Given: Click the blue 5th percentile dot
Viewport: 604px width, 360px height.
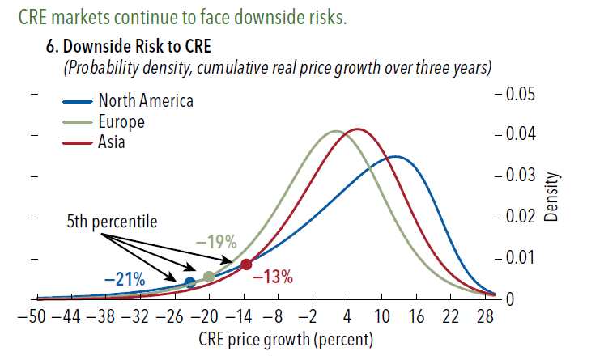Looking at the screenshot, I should pos(189,282).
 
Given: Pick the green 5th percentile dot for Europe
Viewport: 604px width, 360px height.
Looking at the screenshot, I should pos(209,277).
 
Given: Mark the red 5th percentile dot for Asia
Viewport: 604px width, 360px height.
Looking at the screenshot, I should pos(246,264).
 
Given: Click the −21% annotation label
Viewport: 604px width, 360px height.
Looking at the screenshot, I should pos(125,280).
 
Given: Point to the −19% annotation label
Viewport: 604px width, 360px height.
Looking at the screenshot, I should pos(215,242).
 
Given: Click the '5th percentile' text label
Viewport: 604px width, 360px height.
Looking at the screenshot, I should pos(112,220).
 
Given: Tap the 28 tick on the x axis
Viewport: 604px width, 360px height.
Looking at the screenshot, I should pos(485,316).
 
